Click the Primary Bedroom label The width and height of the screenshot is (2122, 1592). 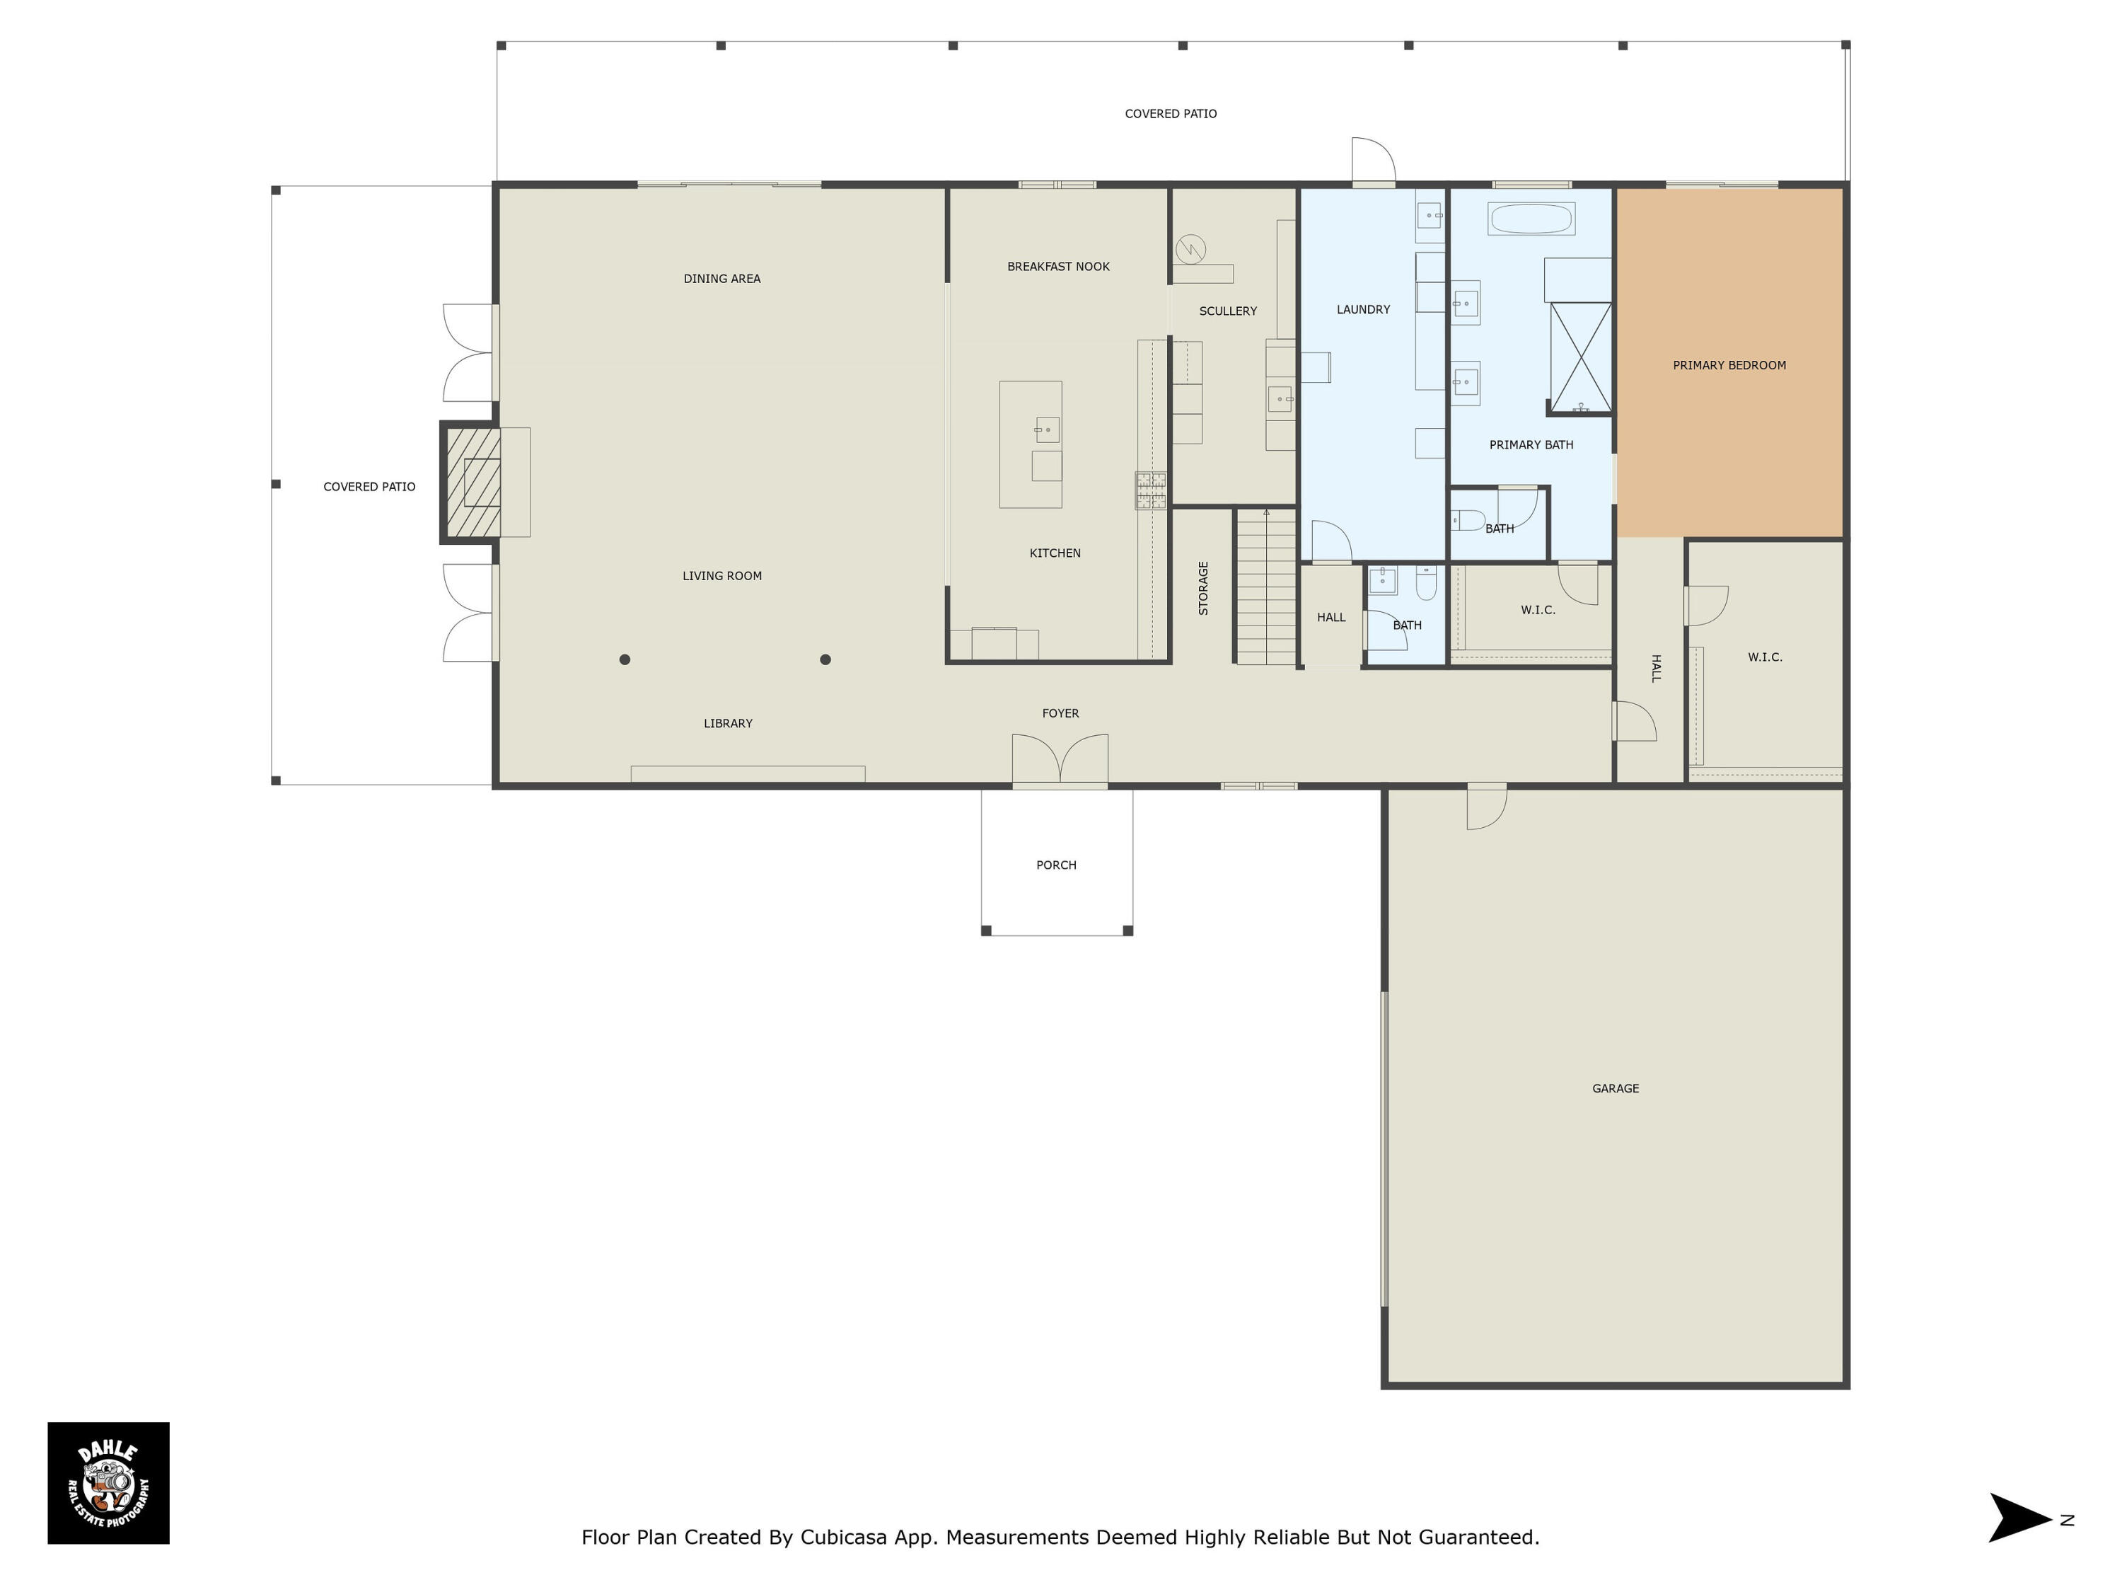point(1729,366)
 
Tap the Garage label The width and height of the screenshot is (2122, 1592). point(1616,1088)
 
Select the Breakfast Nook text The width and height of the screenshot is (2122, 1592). point(1058,267)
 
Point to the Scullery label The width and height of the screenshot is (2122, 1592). point(1228,311)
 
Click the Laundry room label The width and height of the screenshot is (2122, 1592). point(1363,309)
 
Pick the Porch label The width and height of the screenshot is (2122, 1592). point(1056,865)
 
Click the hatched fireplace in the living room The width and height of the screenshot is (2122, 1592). point(471,483)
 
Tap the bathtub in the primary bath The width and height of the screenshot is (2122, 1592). point(1531,219)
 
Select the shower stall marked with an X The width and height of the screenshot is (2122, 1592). point(1580,357)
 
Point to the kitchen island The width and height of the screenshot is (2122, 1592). point(1031,444)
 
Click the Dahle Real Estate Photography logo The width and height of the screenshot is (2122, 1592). point(108,1482)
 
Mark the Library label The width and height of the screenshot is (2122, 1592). point(728,724)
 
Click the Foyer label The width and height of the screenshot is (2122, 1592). point(1060,713)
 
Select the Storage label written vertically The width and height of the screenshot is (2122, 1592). point(1203,587)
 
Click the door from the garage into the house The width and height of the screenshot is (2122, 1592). point(1486,806)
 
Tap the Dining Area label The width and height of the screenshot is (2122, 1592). point(721,278)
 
